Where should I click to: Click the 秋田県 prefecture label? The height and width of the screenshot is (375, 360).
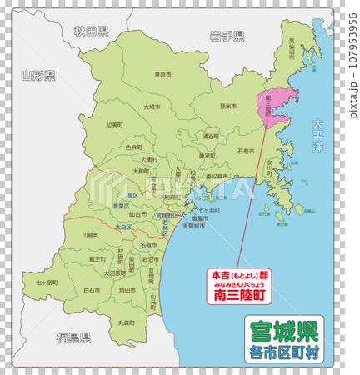pyautogui.click(x=90, y=32)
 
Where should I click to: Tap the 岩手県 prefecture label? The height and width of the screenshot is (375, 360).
pyautogui.click(x=227, y=36)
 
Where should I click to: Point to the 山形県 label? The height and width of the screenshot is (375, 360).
pyautogui.click(x=37, y=75)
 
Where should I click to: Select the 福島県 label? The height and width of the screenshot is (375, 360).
pyautogui.click(x=73, y=337)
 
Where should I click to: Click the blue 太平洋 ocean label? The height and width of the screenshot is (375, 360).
pyautogui.click(x=317, y=133)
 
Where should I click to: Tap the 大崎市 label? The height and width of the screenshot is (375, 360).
pyautogui.click(x=152, y=107)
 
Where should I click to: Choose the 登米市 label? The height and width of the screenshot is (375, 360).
pyautogui.click(x=228, y=106)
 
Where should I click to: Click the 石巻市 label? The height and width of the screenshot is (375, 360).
pyautogui.click(x=246, y=151)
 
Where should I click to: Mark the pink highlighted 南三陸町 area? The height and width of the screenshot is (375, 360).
pyautogui.click(x=277, y=104)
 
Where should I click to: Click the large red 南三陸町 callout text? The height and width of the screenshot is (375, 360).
pyautogui.click(x=239, y=294)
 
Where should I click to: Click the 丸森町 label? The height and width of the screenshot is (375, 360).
pyautogui.click(x=127, y=322)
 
